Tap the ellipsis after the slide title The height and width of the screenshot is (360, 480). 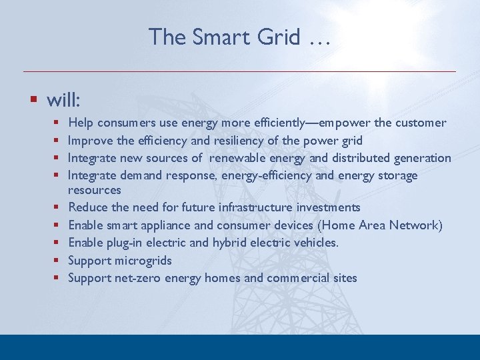click(x=319, y=39)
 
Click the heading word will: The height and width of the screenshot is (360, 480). click(x=63, y=100)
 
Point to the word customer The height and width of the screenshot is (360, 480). click(x=420, y=123)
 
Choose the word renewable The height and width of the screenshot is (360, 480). click(x=241, y=158)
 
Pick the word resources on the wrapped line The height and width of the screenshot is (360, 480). click(x=95, y=190)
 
